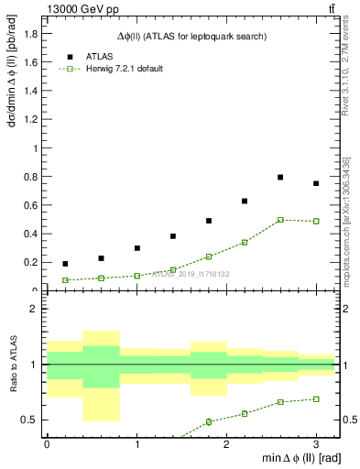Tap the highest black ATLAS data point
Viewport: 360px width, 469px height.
280,177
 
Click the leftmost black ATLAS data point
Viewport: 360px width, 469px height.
65,264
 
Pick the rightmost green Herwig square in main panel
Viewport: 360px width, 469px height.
316,221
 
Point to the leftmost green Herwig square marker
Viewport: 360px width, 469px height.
65,280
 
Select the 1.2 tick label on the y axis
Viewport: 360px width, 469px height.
30,119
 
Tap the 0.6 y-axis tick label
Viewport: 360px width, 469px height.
30,205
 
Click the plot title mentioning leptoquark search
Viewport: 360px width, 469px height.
191,36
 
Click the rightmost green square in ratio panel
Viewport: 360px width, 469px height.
316,399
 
